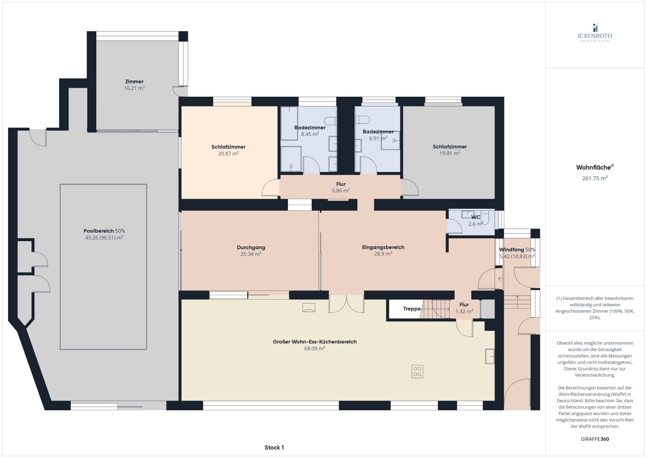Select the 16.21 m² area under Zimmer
pos(134,88)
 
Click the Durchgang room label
pos(251,248)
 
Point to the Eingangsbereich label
pos(383,247)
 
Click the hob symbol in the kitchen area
pos(417,371)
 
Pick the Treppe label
pos(412,309)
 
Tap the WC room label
pos(476,217)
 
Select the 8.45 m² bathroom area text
pos(310,134)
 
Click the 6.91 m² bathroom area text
pos(378,138)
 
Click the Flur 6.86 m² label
pos(341,187)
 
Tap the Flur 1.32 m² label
pos(464,308)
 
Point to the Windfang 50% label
pos(517,250)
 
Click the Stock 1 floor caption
pos(274,447)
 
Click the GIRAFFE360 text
pos(595,439)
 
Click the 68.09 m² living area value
pos(315,348)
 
